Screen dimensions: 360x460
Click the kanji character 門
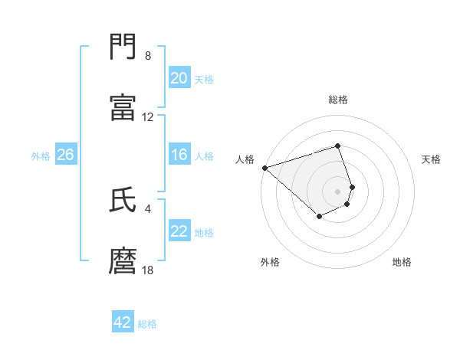point(123,47)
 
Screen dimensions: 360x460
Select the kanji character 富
point(123,108)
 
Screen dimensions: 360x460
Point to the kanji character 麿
point(123,261)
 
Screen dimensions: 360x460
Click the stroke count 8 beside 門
point(148,56)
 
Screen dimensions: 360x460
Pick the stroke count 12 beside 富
point(148,117)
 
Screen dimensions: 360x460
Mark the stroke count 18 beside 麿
point(148,270)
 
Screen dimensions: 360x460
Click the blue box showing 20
point(179,78)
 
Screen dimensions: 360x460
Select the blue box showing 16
point(179,155)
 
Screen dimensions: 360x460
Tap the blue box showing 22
point(179,231)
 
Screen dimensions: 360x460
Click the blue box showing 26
point(65,155)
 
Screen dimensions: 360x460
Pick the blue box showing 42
point(123,322)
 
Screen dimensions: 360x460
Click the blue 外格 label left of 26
point(41,156)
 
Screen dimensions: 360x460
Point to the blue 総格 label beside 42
point(147,324)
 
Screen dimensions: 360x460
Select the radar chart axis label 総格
point(337,100)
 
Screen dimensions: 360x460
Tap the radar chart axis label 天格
point(432,159)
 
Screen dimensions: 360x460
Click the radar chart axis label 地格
point(402,263)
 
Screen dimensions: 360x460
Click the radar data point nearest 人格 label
point(264,168)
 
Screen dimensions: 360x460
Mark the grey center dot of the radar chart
point(337,191)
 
